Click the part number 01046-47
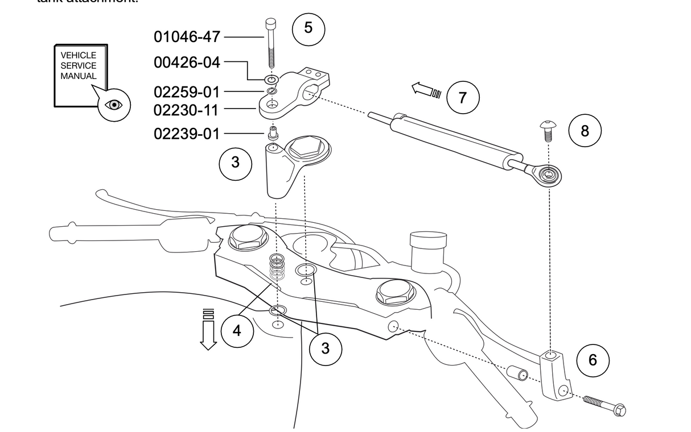(187, 37)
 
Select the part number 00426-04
(187, 63)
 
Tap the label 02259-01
(187, 92)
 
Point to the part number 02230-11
(187, 109)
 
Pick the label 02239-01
(187, 134)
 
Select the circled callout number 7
(462, 98)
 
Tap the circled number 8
(585, 131)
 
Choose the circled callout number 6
(593, 360)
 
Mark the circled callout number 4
(237, 330)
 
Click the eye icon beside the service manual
(114, 105)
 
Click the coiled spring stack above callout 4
(277, 267)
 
